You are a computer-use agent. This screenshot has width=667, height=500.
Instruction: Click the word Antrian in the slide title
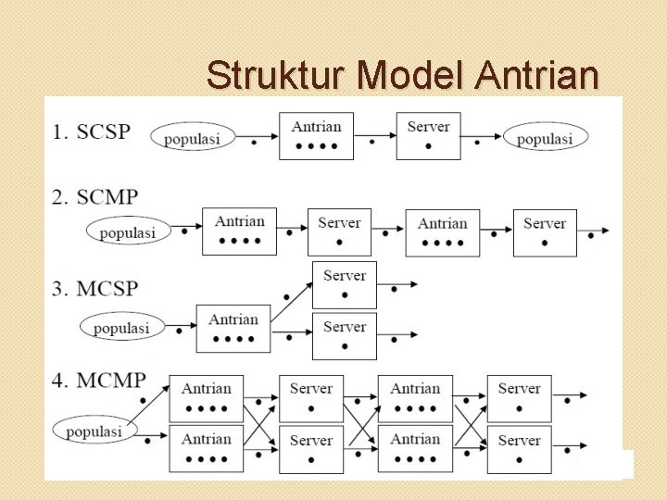(x=537, y=75)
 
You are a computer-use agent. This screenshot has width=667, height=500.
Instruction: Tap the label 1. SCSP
(x=91, y=131)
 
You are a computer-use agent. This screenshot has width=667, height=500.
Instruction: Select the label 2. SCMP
(x=94, y=197)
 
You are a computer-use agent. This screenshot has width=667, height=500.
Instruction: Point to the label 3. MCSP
(x=94, y=289)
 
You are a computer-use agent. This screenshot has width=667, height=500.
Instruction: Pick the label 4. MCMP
(x=98, y=381)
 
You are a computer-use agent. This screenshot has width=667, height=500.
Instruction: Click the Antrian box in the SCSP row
(x=316, y=136)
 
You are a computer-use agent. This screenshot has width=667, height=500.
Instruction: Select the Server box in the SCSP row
(x=428, y=135)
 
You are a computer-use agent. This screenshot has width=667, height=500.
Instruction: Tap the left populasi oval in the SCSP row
(x=192, y=138)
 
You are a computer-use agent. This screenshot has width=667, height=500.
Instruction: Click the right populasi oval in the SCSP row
(x=545, y=137)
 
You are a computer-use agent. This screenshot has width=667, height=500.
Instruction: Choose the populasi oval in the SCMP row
(x=128, y=231)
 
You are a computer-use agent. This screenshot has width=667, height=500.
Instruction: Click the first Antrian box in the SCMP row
(x=239, y=231)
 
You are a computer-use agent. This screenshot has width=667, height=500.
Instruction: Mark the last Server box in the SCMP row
(x=544, y=231)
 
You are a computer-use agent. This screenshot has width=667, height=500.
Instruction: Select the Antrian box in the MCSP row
(x=233, y=328)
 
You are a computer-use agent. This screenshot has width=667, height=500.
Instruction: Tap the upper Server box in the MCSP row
(x=345, y=284)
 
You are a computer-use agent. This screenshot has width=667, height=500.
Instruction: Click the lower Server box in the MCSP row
(x=345, y=336)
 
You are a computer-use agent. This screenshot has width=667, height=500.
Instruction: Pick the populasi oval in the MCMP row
(x=94, y=431)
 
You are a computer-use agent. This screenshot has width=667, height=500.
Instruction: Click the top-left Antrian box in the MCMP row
(x=206, y=398)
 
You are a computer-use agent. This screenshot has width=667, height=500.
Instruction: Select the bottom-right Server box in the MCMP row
(x=519, y=449)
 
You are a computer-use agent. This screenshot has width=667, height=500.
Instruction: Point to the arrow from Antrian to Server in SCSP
(x=374, y=140)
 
